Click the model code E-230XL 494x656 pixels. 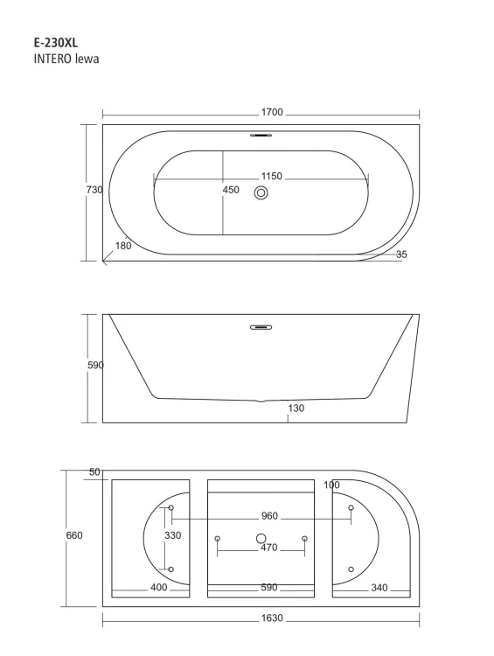(56, 43)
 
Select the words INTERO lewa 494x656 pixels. (66, 59)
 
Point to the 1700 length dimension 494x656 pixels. (272, 112)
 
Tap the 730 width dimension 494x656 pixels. (94, 190)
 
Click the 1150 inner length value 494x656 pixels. (272, 176)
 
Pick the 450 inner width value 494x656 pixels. (231, 190)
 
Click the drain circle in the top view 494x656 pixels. (261, 193)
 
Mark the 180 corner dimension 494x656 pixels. (123, 246)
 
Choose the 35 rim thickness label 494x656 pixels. (401, 255)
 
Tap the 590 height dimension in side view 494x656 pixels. (95, 366)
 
